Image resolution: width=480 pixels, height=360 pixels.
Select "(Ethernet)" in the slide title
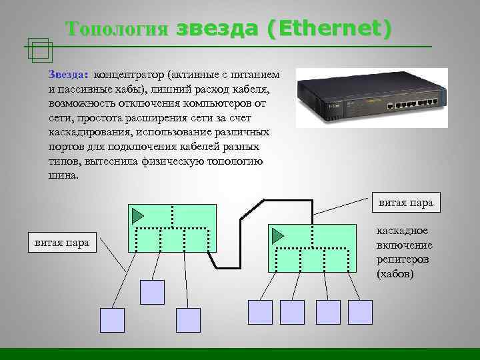coord(329,29)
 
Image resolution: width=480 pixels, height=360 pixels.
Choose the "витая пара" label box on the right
coord(405,202)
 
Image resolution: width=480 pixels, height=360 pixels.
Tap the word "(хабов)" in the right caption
coord(395,274)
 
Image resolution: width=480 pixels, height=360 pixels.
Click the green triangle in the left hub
coord(138,215)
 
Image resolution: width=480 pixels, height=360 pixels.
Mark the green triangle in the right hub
coord(277,235)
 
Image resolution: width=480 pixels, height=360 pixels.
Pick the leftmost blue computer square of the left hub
coord(112,320)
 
